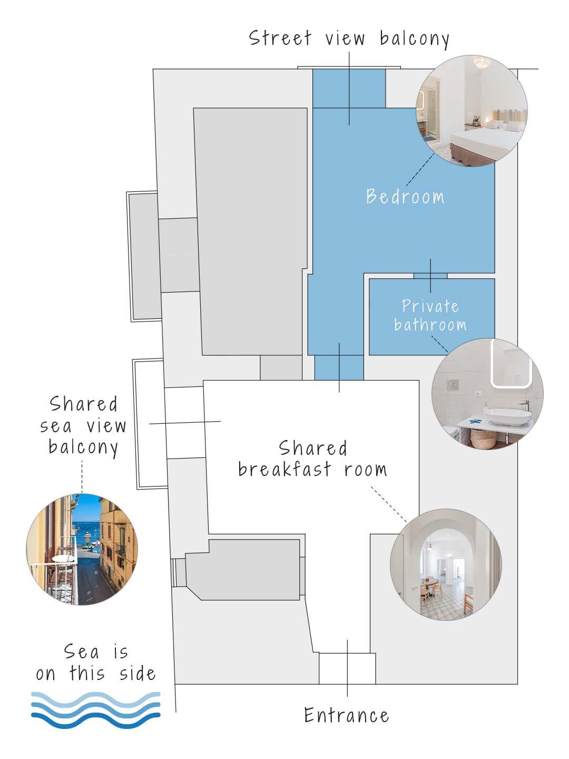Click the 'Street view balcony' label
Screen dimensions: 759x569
point(349,39)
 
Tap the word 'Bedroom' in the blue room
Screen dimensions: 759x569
point(405,197)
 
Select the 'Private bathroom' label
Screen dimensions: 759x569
point(430,315)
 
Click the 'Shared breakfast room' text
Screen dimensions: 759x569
point(312,459)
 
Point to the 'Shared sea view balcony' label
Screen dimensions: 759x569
point(83,425)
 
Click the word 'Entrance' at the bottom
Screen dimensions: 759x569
point(347,715)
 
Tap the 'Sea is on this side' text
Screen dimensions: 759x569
point(96,663)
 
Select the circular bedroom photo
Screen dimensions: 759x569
point(472,111)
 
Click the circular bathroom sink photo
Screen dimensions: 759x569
point(487,394)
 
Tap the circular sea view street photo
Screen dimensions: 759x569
point(82,549)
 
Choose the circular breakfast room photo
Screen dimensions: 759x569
point(446,564)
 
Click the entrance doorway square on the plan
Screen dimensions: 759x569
point(347,668)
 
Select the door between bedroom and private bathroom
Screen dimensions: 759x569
point(430,275)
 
